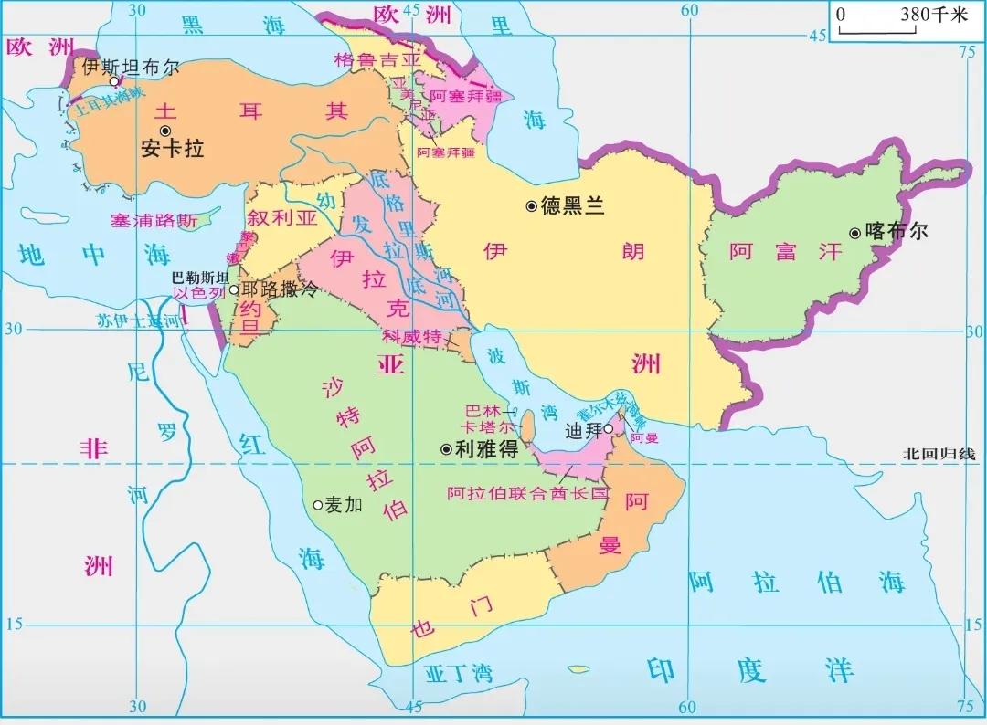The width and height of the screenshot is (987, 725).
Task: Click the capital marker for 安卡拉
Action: pos(164,131)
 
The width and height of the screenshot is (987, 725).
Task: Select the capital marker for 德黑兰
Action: pos(531,206)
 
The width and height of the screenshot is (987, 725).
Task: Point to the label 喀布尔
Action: pos(896,231)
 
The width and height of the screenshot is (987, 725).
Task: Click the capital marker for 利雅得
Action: pos(446,448)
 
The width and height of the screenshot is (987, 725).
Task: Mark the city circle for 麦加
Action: pos(317,504)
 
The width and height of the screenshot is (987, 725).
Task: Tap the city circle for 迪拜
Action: pos(608,428)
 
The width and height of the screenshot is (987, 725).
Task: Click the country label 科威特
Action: pos(412,337)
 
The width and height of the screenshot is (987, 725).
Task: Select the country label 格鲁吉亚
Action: pos(377,59)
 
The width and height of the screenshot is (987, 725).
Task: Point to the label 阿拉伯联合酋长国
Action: pos(527,493)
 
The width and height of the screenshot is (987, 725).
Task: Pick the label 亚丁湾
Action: pos(459,674)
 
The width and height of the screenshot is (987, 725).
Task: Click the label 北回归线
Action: pos(939,454)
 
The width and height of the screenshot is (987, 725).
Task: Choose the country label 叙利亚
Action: pos(281,219)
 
